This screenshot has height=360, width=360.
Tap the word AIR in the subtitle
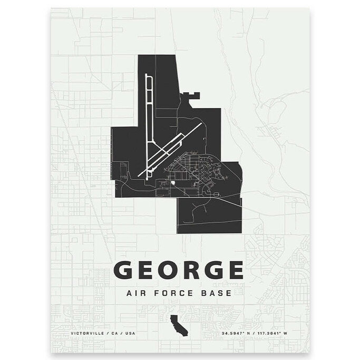click(x=136, y=293)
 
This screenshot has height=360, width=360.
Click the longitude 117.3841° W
click(x=278, y=334)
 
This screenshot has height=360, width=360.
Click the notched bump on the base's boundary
click(x=191, y=95)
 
